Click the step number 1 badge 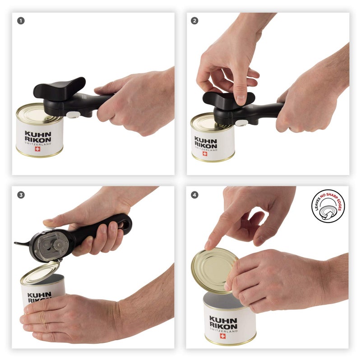20,21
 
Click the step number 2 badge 194,21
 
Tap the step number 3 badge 20,195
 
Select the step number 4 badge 194,195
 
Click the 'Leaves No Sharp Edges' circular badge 328,206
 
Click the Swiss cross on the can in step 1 38,149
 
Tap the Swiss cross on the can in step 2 204,153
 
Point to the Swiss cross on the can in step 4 223,336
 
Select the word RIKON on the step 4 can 223,326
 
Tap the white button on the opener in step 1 72,116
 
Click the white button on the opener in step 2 241,123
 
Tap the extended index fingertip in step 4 208,245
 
